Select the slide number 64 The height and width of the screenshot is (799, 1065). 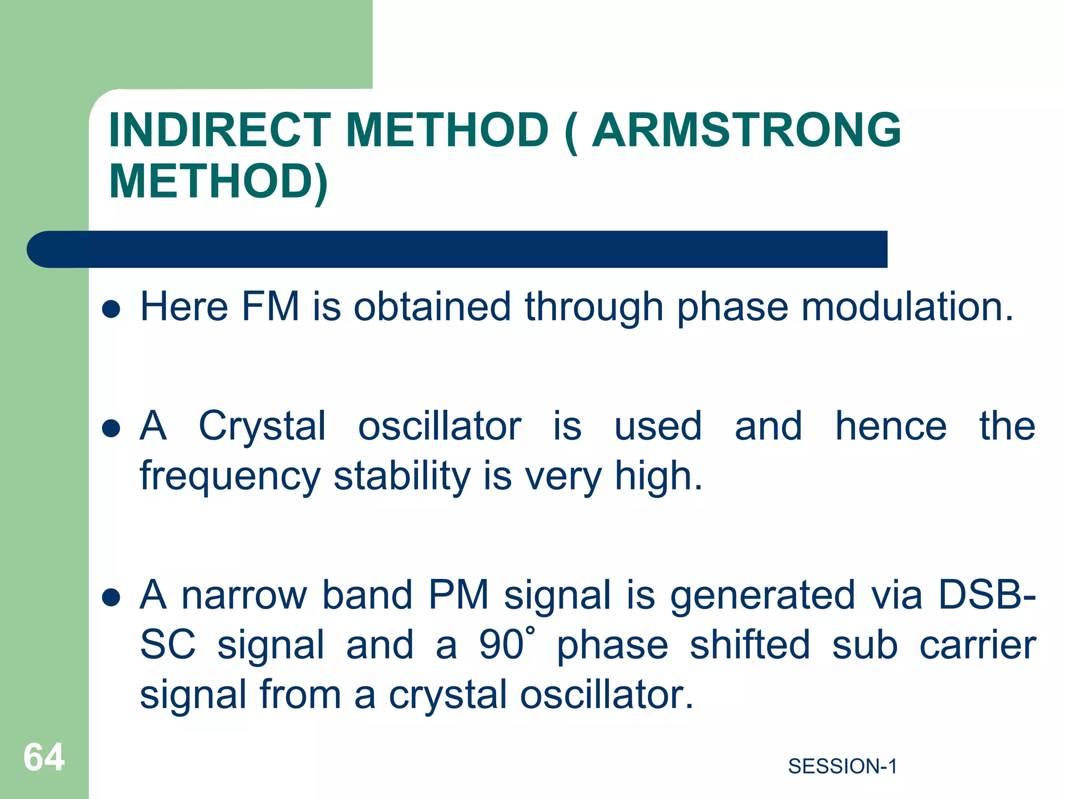[44, 757]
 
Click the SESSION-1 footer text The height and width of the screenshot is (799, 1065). [842, 766]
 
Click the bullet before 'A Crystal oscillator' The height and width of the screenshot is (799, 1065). [111, 429]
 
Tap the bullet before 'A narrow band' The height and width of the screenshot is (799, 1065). [111, 598]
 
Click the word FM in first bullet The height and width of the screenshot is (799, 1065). [270, 306]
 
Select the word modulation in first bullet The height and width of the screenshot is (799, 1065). [907, 306]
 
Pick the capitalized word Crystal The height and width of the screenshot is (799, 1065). [263, 427]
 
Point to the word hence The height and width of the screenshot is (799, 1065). [890, 427]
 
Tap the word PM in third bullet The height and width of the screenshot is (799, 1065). [459, 595]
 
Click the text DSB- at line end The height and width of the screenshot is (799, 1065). [986, 595]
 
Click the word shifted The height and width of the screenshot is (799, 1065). [749, 645]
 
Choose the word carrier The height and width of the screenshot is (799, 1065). [978, 645]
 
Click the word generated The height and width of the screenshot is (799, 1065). [762, 595]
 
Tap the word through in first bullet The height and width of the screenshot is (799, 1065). [594, 306]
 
